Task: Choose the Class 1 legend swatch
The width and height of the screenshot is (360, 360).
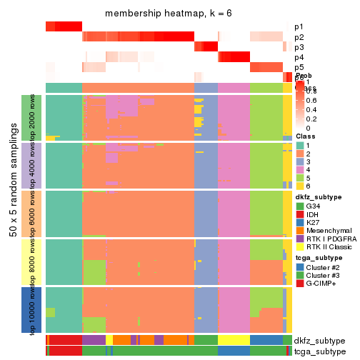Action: (x=300, y=146)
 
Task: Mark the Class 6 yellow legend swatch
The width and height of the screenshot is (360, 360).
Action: (x=300, y=192)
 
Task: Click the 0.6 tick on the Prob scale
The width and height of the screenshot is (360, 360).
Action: (x=310, y=101)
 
